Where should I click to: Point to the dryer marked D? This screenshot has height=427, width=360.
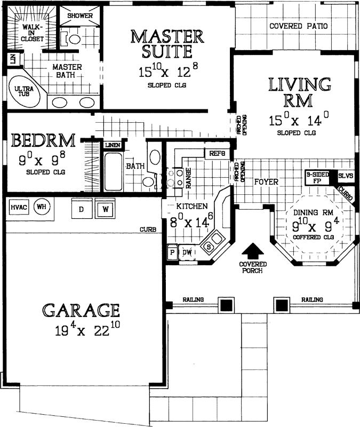82,209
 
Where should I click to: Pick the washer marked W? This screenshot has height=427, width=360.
105,209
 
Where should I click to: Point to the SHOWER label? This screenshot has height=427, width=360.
80,15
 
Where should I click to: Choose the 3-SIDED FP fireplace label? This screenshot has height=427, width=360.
317,177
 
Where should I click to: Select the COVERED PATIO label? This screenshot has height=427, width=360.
298,26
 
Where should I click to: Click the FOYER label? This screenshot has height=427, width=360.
266,182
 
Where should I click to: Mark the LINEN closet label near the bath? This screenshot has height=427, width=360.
113,145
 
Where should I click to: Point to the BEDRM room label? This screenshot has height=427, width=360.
43,141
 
